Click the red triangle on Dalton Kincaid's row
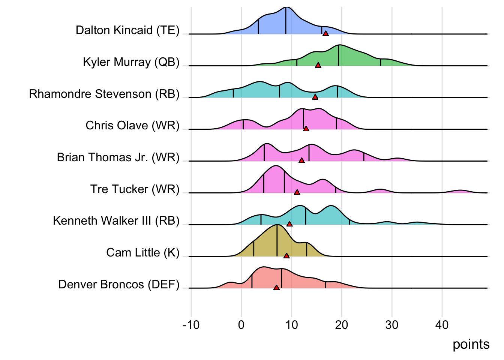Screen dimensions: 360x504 click(325, 33)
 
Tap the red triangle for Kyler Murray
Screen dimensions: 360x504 click(318, 65)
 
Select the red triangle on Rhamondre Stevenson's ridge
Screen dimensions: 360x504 click(315, 97)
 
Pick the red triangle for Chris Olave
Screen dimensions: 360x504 click(306, 129)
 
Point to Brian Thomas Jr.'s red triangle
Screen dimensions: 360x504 click(301, 160)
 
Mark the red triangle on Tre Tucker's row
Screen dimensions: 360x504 click(297, 192)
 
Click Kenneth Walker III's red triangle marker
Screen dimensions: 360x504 click(289, 224)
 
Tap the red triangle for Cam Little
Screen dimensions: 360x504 click(286, 256)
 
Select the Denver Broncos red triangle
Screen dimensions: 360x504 click(276, 288)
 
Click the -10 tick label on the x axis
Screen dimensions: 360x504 click(191, 325)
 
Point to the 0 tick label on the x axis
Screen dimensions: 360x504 click(241, 325)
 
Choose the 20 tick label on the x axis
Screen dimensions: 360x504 click(342, 325)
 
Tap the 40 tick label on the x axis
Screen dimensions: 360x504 click(442, 325)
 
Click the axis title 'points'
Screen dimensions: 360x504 click(471, 344)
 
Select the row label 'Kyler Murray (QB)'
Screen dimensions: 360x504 click(131, 62)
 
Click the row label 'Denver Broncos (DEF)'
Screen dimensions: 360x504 click(119, 284)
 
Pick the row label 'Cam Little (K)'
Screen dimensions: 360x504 click(143, 252)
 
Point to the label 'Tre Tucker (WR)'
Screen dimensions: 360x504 click(135, 189)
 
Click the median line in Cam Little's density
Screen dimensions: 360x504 click(277, 240)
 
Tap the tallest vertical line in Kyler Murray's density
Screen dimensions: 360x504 click(339, 55)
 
